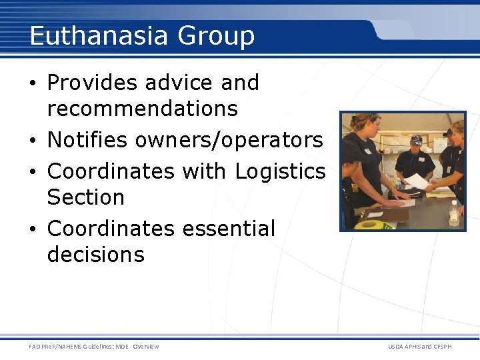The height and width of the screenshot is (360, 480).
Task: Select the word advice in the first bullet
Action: tap(179, 83)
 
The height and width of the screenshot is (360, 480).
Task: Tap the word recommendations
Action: tap(142, 108)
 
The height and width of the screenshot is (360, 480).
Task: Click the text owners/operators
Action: tap(229, 141)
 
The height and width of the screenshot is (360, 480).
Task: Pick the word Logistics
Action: tap(280, 171)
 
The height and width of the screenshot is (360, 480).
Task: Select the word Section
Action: tap(85, 197)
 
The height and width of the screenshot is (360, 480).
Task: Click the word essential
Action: tap(228, 228)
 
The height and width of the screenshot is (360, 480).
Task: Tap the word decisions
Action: tap(95, 254)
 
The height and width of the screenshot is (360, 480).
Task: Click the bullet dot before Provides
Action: tap(35, 84)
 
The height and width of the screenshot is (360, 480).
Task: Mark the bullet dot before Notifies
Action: tap(35, 141)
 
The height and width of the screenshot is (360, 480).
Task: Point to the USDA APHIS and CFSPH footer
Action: tap(420, 347)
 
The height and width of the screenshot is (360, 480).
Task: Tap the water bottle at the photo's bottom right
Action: tap(454, 214)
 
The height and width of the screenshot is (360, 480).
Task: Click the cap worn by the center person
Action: tap(417, 139)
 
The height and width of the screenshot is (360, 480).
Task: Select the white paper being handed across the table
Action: tap(417, 181)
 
